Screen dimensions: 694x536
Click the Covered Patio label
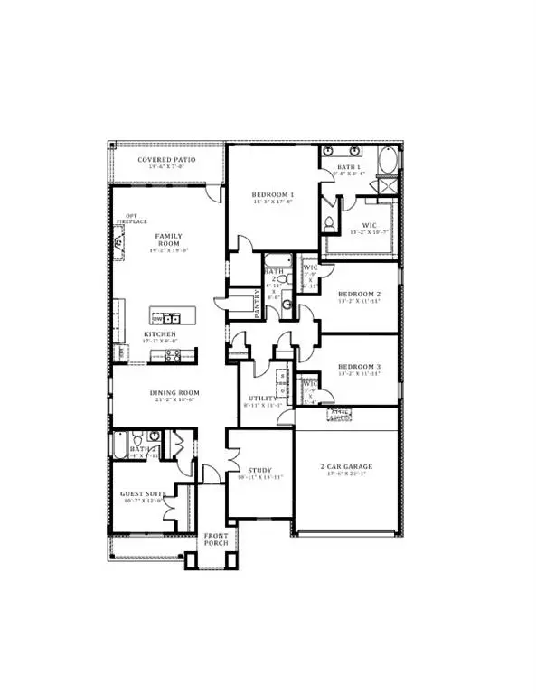coord(166,161)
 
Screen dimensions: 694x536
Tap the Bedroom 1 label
coord(272,195)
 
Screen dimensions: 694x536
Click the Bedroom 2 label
coord(359,295)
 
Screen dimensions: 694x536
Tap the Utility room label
coord(261,398)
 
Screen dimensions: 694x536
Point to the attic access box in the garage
coord(340,417)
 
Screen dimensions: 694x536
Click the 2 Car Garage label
coord(347,467)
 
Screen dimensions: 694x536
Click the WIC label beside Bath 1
coord(369,225)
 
